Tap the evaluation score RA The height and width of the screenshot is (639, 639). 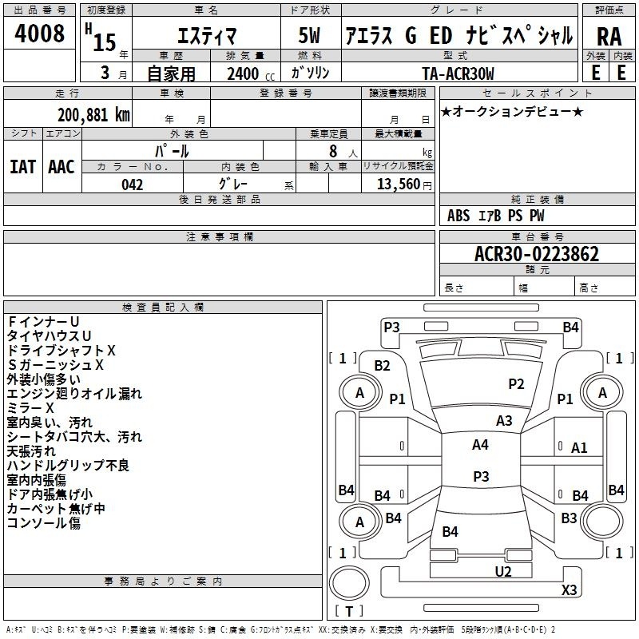tap(609, 37)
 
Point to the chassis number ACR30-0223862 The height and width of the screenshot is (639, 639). tap(537, 255)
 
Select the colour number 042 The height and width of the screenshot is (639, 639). tap(132, 185)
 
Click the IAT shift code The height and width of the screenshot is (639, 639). tap(22, 166)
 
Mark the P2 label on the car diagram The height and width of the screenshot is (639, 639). tap(516, 384)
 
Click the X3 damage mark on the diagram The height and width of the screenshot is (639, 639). tap(569, 590)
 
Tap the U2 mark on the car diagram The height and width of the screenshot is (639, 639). tap(502, 571)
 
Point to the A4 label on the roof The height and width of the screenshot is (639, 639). tap(480, 445)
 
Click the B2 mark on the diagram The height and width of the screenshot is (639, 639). tap(383, 366)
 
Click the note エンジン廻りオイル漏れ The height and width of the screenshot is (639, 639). tap(74, 393)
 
